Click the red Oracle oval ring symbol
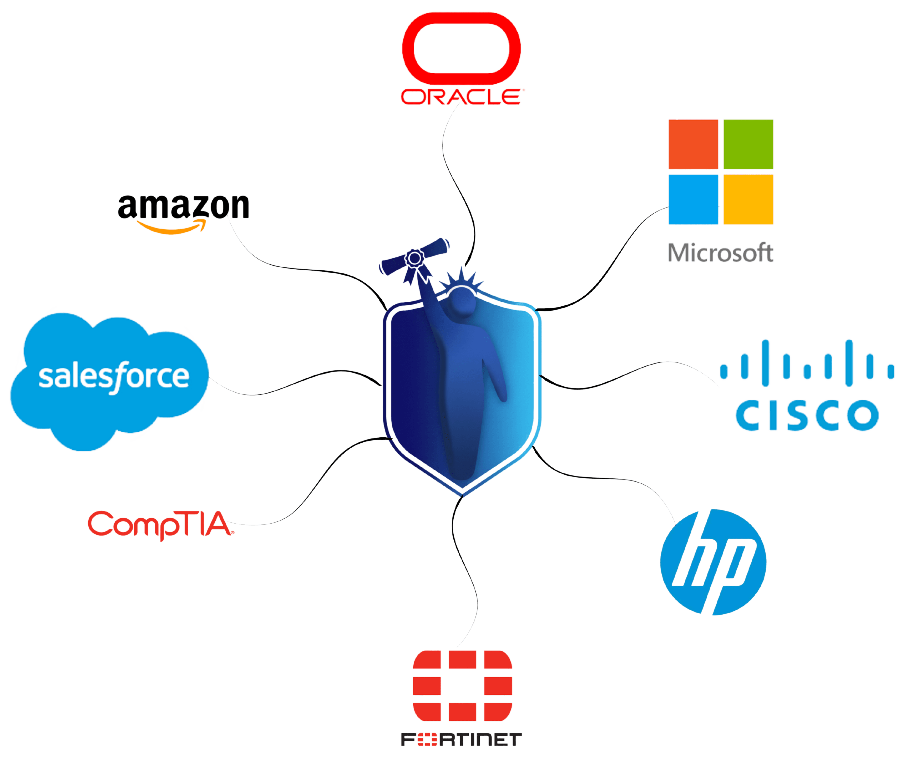click(x=461, y=19)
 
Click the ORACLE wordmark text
click(x=461, y=97)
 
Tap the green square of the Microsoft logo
click(x=748, y=144)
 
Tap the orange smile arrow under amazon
click(x=171, y=228)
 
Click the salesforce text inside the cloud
click(x=114, y=376)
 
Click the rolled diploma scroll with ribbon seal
click(x=414, y=259)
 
